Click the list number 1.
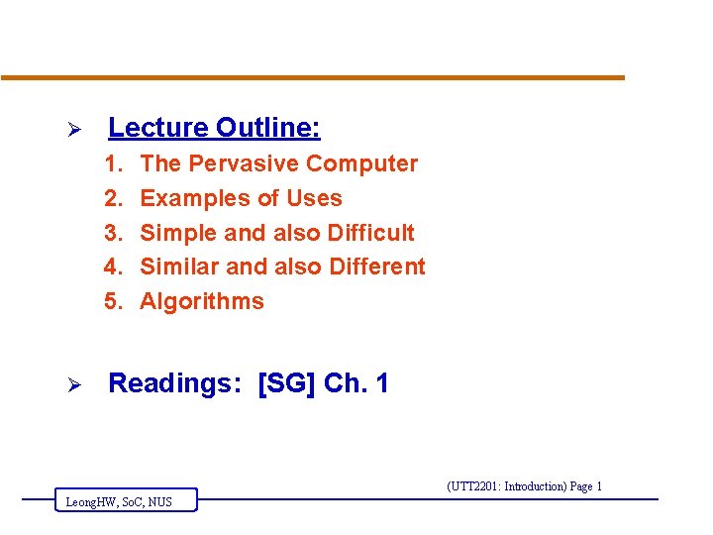point(114,163)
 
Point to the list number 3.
point(114,233)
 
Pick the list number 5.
point(114,301)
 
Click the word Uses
point(314,198)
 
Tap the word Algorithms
point(202,301)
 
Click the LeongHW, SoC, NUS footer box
point(126,501)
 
